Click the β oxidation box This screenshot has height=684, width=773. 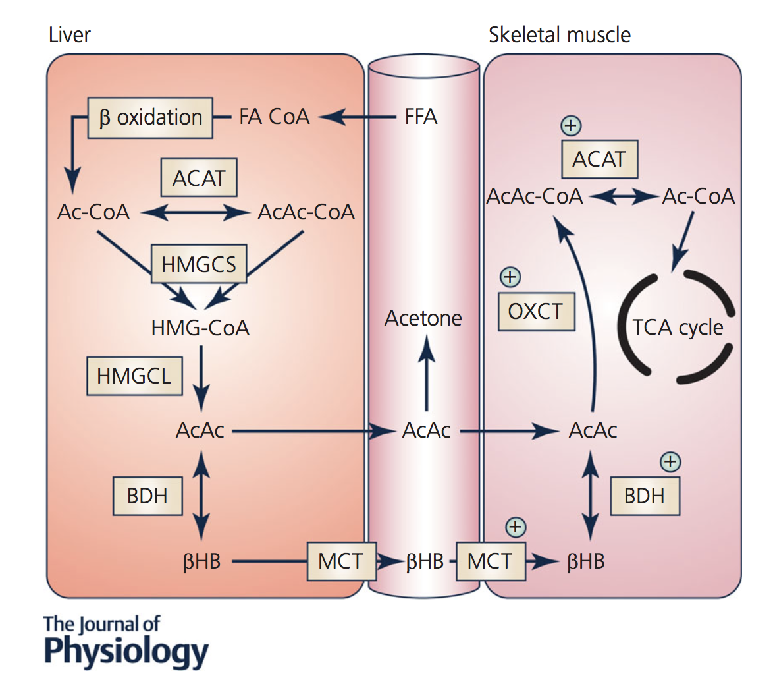[150, 118]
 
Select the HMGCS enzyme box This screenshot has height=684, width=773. [199, 264]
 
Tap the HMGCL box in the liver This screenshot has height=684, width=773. [134, 376]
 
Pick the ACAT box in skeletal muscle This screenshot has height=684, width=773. [599, 159]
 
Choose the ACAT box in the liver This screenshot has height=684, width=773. [199, 178]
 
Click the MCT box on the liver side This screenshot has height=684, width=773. [340, 561]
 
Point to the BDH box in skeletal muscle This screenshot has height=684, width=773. [644, 496]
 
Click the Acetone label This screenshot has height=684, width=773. [423, 318]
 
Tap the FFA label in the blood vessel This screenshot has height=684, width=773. [421, 117]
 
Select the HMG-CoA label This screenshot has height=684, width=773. [200, 328]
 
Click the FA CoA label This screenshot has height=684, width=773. [274, 117]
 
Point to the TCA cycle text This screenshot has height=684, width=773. [678, 328]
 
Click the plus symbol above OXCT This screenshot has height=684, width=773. [510, 277]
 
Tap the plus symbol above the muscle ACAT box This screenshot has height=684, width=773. [571, 125]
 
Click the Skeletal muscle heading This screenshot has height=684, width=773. [559, 35]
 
